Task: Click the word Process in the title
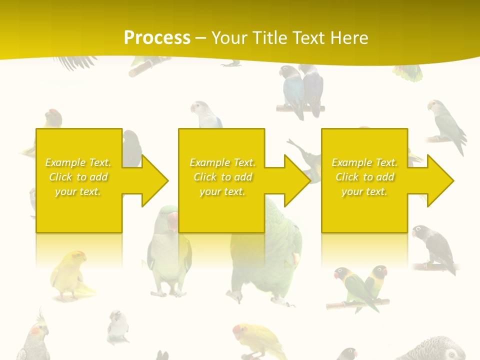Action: [x=157, y=38]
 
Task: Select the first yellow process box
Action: [x=79, y=210]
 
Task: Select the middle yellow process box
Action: [x=221, y=210]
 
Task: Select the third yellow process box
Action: [x=364, y=210]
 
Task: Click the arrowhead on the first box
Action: [x=155, y=180]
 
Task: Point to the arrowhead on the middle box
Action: [x=297, y=180]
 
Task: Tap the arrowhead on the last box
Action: [x=440, y=180]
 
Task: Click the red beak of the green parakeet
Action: [x=172, y=220]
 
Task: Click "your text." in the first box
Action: [x=78, y=191]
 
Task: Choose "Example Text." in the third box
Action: [x=364, y=162]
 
